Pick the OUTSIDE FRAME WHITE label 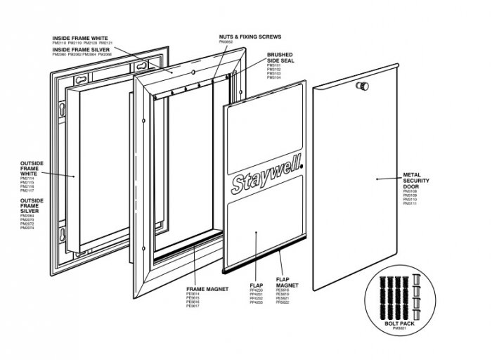pyautogui.click(x=33, y=169)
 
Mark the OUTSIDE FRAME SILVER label pyautogui.click(x=33, y=205)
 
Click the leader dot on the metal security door pyautogui.click(x=378, y=179)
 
